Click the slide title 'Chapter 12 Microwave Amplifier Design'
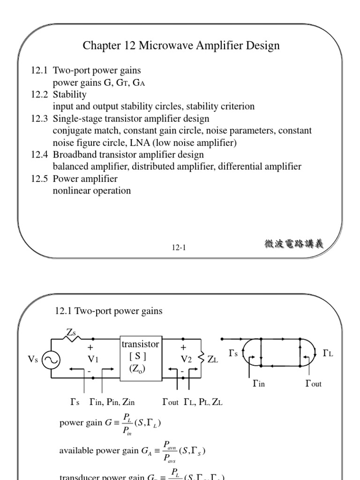coord(181,46)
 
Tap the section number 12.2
coord(40,95)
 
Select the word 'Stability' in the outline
coord(70,95)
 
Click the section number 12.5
coord(40,179)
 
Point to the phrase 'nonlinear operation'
coord(92,190)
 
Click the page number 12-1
coord(179,248)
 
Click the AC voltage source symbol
coord(50,360)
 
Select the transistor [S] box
coord(140,357)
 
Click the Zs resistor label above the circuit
coord(71,332)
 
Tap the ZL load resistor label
coord(212,360)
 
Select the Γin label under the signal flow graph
coord(259,383)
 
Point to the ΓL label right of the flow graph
coord(328,353)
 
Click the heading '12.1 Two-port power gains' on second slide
coord(109,311)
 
